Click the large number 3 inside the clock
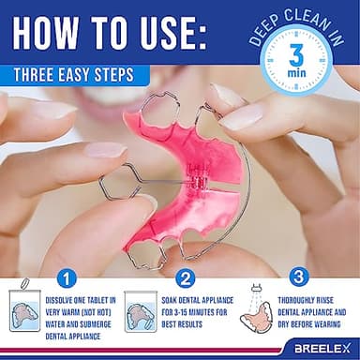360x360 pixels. pos(293,52)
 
